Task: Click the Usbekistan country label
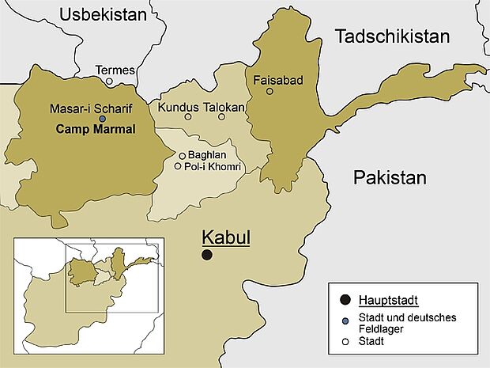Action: coord(104,14)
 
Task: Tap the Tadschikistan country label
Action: coord(391,36)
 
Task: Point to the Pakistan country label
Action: coord(390,176)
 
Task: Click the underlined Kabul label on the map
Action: coord(226,237)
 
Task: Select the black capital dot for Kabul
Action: coord(206,255)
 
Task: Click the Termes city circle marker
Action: coord(110,81)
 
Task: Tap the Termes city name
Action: coord(115,70)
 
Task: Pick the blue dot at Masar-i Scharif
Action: coord(102,119)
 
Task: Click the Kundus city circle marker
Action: coord(187,117)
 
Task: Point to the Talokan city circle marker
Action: coord(221,117)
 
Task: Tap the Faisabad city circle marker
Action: coord(269,91)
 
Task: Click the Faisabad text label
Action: coord(277,80)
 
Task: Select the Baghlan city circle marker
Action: coord(182,156)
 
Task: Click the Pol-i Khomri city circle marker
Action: coord(178,166)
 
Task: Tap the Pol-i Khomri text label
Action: coord(211,166)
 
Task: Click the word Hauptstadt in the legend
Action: coord(388,300)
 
